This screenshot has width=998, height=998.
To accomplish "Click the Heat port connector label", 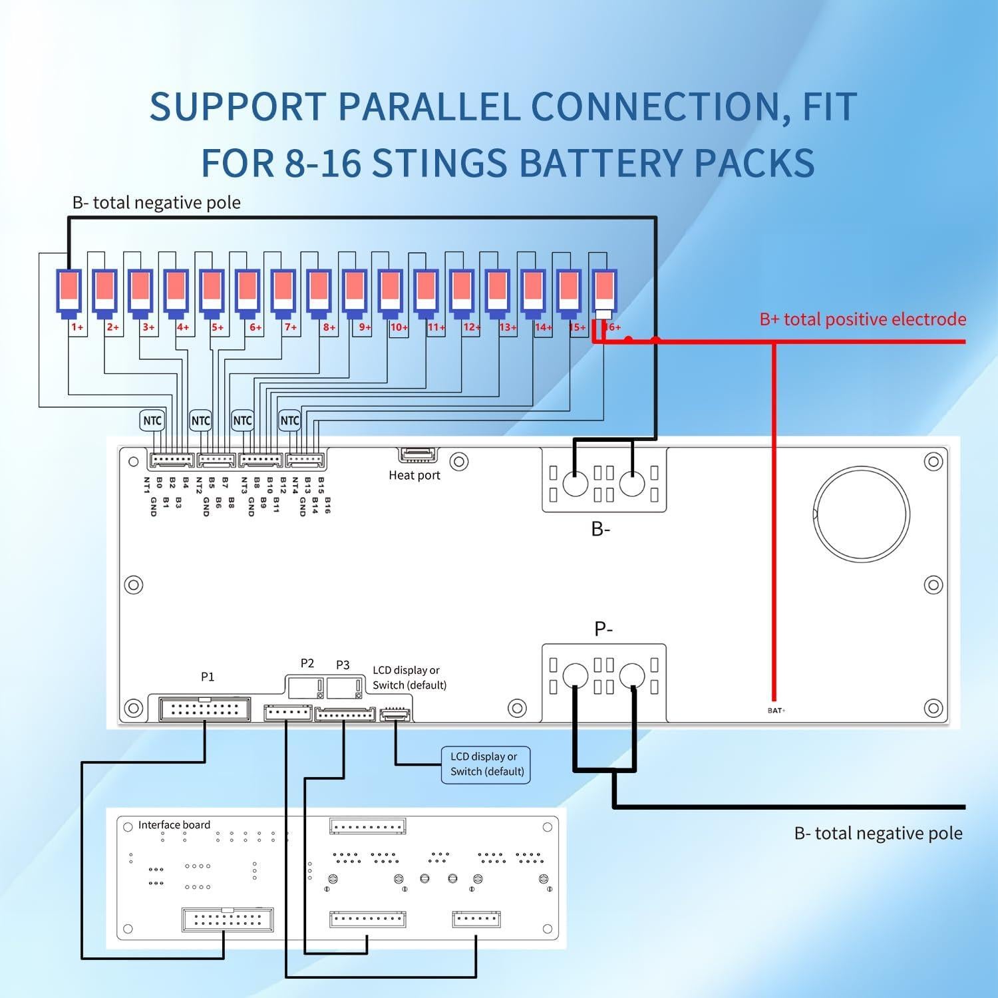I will point(415,475).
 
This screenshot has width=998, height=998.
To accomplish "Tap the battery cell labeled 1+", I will point(69,293).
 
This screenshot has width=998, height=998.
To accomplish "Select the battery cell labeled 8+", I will point(319,293).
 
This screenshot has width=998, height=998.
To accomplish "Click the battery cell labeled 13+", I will point(498,293).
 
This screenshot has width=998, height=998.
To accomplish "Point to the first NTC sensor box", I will point(152,420).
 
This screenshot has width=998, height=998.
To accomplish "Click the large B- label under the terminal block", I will point(601,530).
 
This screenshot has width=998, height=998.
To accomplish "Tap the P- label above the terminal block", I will point(603,629).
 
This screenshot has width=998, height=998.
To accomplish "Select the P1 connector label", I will point(208,677).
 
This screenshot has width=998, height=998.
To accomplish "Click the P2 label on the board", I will point(307,663).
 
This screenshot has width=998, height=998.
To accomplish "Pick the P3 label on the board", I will point(343,665).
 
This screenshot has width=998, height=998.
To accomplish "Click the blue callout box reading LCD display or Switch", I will point(486,764).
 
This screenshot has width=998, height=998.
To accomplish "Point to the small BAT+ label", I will point(776,711).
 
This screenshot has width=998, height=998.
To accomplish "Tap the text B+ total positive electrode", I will point(862,319).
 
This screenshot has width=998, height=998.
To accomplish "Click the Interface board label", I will point(174,825).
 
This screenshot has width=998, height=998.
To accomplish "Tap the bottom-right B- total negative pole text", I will point(878,834).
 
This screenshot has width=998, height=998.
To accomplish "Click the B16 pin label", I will point(327,504).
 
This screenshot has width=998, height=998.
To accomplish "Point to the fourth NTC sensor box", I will point(289,420).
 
